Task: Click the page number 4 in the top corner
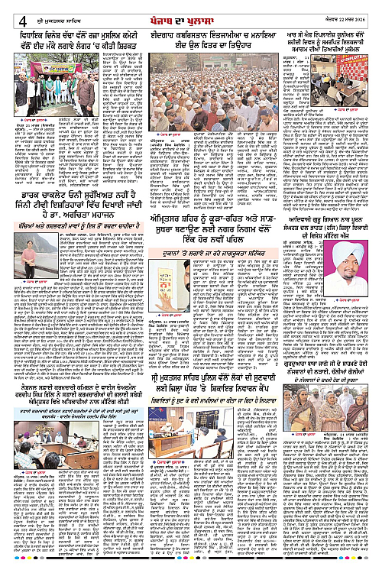click(x=7, y=9)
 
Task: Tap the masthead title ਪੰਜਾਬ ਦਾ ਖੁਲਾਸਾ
click(x=191, y=8)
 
